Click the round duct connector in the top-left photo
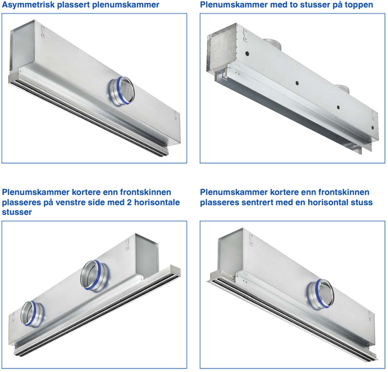coord(121,91)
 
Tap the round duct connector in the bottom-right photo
coord(321,294)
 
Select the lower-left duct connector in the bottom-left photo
coord(32,314)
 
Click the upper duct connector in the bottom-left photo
coord(94,275)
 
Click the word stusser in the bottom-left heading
coord(17,212)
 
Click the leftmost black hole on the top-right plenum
coord(247,53)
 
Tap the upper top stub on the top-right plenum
coord(272,43)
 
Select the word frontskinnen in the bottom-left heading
coord(146,192)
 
